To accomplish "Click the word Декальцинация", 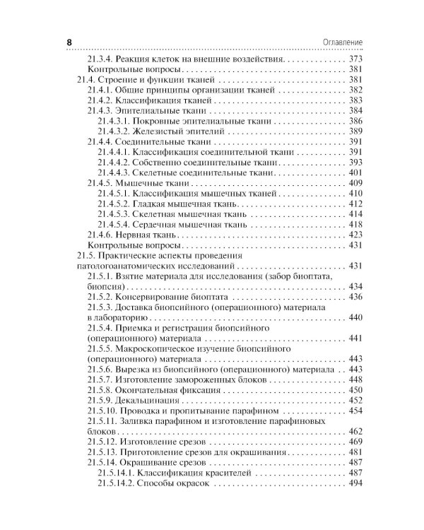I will (151, 400).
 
